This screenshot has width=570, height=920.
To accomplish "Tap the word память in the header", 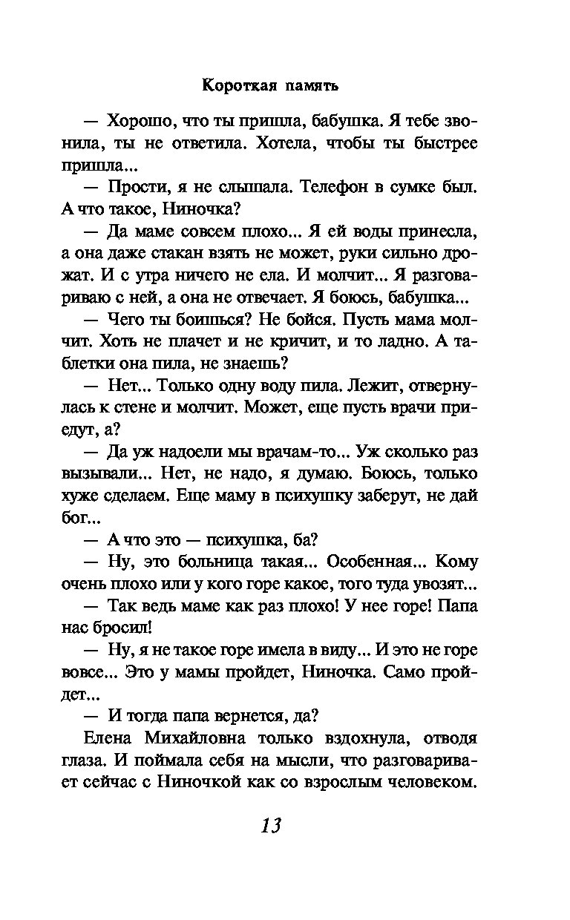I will pyautogui.click(x=309, y=87).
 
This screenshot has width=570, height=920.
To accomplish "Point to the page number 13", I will pyautogui.click(x=271, y=825).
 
